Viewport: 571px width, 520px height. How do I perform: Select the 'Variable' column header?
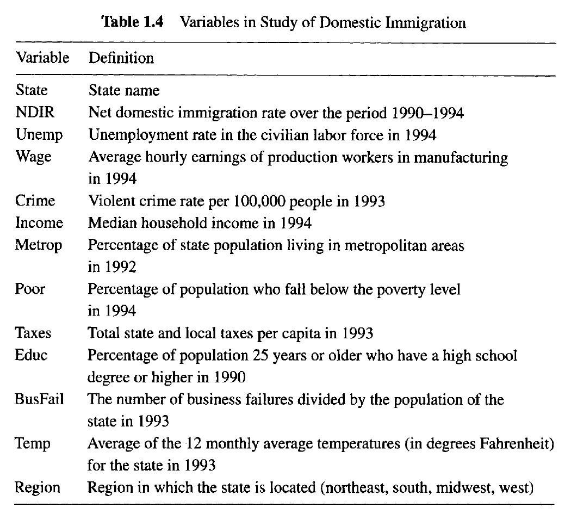[42, 57]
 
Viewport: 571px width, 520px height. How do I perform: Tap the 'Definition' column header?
[121, 57]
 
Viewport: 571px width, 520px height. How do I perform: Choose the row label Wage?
[34, 157]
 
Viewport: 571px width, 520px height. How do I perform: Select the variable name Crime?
[35, 201]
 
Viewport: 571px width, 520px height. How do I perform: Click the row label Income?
[39, 223]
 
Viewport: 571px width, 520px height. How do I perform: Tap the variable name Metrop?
[39, 245]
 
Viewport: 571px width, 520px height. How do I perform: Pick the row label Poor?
[30, 289]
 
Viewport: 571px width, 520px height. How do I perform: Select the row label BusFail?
[40, 399]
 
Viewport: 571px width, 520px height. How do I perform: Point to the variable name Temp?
[33, 444]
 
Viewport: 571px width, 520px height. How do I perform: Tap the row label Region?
[38, 487]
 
